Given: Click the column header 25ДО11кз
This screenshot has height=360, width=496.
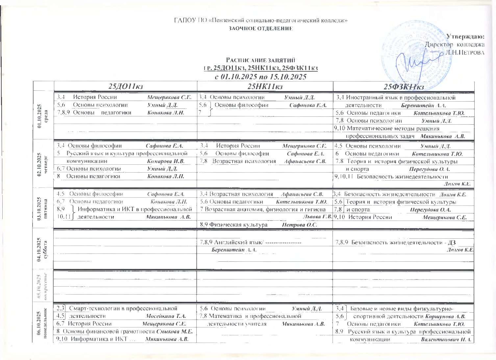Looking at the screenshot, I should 125,86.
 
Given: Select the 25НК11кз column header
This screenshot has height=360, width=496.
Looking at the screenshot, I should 265,86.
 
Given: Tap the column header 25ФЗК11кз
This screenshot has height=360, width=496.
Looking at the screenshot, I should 404,87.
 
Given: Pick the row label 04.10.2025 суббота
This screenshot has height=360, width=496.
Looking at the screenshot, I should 43,249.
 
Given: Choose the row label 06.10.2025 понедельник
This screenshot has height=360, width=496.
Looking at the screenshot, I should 43,324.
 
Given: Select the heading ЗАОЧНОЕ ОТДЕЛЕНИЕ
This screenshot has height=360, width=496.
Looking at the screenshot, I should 261,28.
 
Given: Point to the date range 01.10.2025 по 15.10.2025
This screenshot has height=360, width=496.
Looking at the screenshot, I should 260,77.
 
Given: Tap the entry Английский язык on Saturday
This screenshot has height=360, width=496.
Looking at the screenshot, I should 238,242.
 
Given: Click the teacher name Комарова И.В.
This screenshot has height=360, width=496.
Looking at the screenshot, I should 166,161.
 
